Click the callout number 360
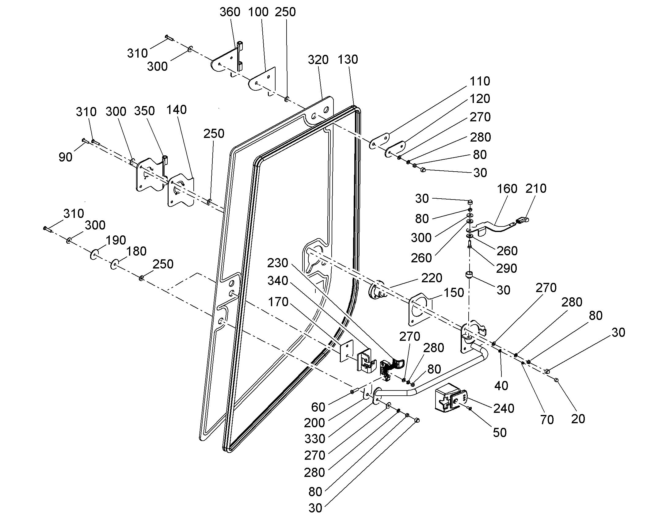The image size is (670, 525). click(x=230, y=12)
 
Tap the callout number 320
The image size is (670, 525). click(x=318, y=60)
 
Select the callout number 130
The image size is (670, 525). click(x=348, y=59)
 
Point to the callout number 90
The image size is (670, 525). click(x=66, y=157)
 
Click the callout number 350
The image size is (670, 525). click(x=144, y=111)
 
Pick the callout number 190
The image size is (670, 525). click(x=116, y=240)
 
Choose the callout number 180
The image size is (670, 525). click(x=136, y=251)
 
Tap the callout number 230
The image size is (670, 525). click(x=277, y=263)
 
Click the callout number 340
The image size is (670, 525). click(x=277, y=281)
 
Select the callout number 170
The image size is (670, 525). click(x=278, y=302)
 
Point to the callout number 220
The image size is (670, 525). click(x=432, y=278)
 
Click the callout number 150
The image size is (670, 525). click(x=453, y=293)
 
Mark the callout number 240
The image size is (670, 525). click(x=504, y=409)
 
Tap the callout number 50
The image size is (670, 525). click(x=500, y=433)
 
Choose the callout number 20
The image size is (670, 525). click(x=578, y=419)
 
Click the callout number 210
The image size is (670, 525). click(x=536, y=189)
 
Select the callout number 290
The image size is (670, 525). click(x=507, y=269)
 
